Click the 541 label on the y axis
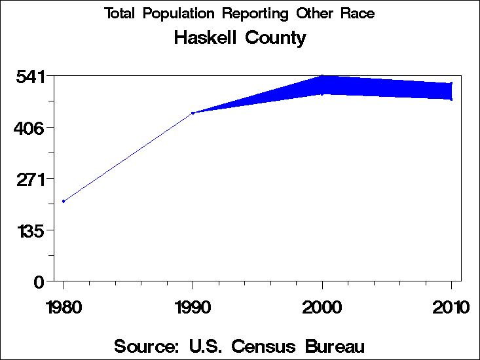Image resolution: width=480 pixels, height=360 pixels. (x=29, y=77)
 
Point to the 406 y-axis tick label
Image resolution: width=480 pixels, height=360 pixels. (x=29, y=128)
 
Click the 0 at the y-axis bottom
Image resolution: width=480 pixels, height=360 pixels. (x=39, y=281)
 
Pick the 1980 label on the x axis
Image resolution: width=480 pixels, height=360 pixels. (x=64, y=307)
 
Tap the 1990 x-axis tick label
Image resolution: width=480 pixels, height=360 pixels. (x=193, y=307)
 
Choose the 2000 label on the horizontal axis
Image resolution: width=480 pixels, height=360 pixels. (x=322, y=307)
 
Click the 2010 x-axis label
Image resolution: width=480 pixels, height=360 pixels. (x=451, y=307)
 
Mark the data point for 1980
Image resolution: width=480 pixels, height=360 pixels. (x=64, y=201)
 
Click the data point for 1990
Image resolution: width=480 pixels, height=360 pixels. (x=193, y=113)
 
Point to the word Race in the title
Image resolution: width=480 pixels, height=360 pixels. (x=359, y=14)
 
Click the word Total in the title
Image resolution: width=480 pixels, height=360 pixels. (x=120, y=14)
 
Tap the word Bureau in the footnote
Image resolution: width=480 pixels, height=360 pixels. (x=333, y=346)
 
